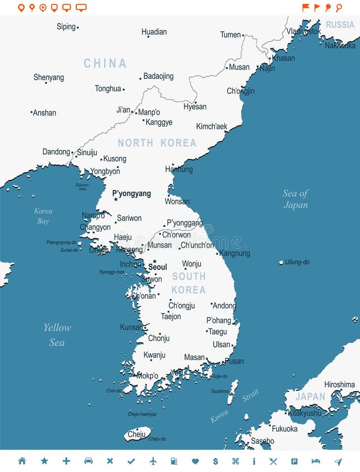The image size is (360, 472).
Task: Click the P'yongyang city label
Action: [x=132, y=194]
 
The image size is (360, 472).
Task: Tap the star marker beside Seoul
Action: [x=155, y=261]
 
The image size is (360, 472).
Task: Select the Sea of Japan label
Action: [x=296, y=199]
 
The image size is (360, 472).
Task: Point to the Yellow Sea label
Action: [x=57, y=335]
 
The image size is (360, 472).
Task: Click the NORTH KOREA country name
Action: [x=157, y=143]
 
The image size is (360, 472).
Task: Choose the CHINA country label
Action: [x=105, y=63]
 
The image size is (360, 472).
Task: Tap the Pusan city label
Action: [x=234, y=361]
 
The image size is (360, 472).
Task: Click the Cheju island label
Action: [x=137, y=434]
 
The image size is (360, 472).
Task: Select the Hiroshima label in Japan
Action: [x=340, y=384]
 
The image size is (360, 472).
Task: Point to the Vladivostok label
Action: [x=304, y=31]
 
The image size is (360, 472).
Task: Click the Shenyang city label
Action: [x=49, y=77]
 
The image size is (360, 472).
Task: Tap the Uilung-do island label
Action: [x=297, y=262]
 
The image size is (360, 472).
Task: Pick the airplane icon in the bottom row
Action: [x=153, y=461]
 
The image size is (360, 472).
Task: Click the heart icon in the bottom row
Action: [x=195, y=461]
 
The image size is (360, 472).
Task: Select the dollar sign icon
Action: [x=215, y=461]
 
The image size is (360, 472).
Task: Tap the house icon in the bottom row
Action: [x=22, y=461]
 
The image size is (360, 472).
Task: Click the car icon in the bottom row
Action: [x=89, y=461]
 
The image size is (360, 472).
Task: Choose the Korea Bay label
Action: [x=43, y=216]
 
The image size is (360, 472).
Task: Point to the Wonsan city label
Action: [x=177, y=201]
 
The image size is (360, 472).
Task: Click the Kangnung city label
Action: [x=235, y=253]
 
